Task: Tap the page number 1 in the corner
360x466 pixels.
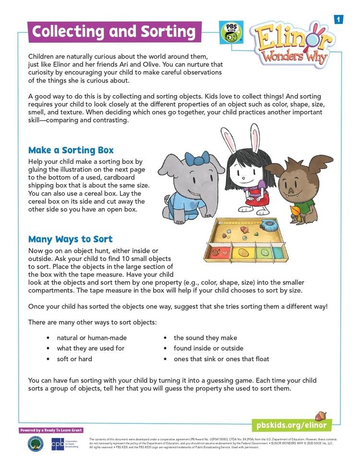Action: (338, 19)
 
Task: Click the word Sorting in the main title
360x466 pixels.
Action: (168, 32)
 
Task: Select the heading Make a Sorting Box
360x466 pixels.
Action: (71, 150)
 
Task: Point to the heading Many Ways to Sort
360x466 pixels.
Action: (71, 239)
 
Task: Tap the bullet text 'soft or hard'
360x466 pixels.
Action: (74, 359)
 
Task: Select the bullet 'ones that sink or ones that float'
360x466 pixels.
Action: (221, 359)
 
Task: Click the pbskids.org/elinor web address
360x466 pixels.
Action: (291, 425)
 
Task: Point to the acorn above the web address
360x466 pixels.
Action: (320, 416)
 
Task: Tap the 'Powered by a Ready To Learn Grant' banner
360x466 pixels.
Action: (51, 430)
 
